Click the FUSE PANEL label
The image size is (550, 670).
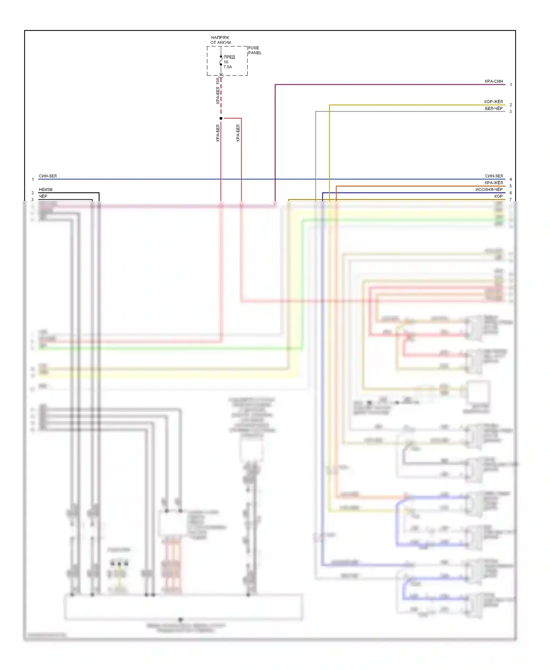[x=254, y=50]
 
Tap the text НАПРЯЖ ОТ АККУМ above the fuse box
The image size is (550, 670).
[x=220, y=40]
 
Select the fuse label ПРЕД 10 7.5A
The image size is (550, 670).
[x=228, y=62]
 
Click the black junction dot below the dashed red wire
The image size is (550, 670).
[x=221, y=118]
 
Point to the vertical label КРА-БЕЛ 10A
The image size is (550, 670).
[x=218, y=91]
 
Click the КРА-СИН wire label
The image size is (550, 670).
[x=494, y=81]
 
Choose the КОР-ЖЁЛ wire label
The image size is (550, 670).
[x=493, y=102]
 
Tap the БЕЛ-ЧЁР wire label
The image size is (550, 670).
[x=494, y=108]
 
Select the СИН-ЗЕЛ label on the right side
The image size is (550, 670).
[x=494, y=176]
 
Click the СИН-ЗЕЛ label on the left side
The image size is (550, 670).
[x=48, y=176]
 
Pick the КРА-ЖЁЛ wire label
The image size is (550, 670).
[x=494, y=183]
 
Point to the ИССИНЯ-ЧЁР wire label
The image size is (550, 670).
[x=489, y=189]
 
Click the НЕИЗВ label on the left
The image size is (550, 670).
[x=45, y=189]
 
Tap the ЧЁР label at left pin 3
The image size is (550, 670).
[x=43, y=196]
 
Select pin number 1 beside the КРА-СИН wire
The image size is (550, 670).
[x=511, y=85]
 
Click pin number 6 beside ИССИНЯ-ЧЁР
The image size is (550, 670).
[x=511, y=193]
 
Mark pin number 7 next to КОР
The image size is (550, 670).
[x=511, y=200]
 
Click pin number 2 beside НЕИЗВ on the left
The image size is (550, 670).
[x=33, y=193]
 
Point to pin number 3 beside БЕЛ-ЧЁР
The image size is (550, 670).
[x=511, y=111]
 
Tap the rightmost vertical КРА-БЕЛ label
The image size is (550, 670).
[x=238, y=133]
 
